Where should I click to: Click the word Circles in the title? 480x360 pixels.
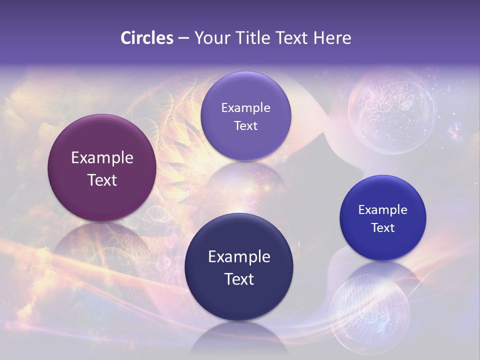[146, 38]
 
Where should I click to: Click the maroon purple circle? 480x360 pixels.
[101, 168]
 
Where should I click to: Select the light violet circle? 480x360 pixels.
[245, 116]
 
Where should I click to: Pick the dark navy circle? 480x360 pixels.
[239, 267]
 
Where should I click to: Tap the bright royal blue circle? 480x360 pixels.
[383, 218]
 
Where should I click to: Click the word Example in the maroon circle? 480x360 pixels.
[102, 158]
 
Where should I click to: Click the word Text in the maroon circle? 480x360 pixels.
[102, 180]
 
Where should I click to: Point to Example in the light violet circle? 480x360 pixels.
[245, 107]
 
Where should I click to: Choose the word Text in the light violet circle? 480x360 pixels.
[245, 125]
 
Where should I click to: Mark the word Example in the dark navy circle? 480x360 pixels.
[239, 256]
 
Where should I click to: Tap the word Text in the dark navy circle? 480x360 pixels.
[239, 278]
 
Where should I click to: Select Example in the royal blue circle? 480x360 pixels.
[383, 209]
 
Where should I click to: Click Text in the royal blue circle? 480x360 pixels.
[383, 227]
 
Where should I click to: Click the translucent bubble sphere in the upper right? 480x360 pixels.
[391, 111]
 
